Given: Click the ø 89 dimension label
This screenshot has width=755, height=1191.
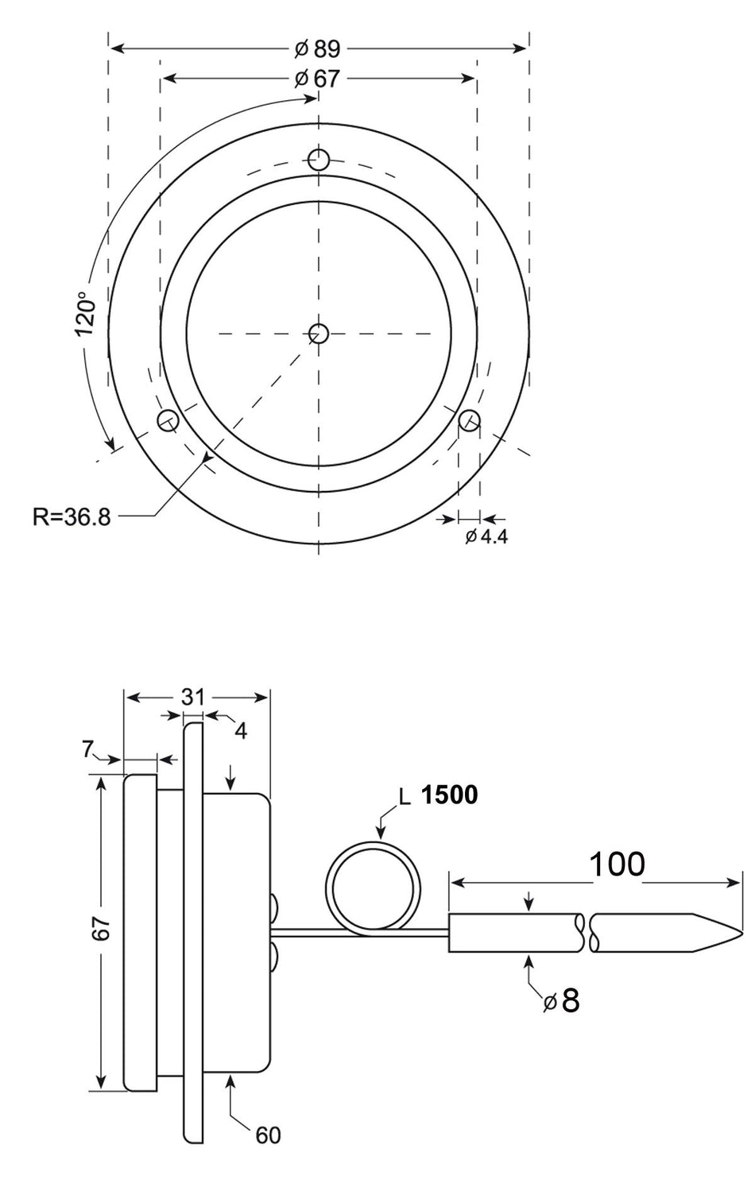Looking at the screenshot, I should pos(318,48).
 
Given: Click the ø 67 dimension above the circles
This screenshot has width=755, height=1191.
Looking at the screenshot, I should pos(318,79).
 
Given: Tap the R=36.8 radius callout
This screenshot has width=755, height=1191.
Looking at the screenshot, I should pos(72,517).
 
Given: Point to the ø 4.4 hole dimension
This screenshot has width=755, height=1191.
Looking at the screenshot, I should pos(486,536).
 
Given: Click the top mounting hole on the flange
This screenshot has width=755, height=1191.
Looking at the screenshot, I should pos(319,159).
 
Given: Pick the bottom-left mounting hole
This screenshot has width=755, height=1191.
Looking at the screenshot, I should pos(168,420).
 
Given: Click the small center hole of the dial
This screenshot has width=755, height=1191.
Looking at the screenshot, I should pos(319,333).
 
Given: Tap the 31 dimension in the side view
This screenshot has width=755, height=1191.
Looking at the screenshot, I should pos(193,697).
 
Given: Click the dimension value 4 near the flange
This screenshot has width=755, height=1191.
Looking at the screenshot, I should pos(241,730).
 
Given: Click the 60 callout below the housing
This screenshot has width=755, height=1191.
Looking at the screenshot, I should pos(268,1135).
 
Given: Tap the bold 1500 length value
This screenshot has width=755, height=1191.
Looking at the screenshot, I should pos(450,795).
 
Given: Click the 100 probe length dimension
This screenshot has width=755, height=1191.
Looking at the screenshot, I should pos(617,864).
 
